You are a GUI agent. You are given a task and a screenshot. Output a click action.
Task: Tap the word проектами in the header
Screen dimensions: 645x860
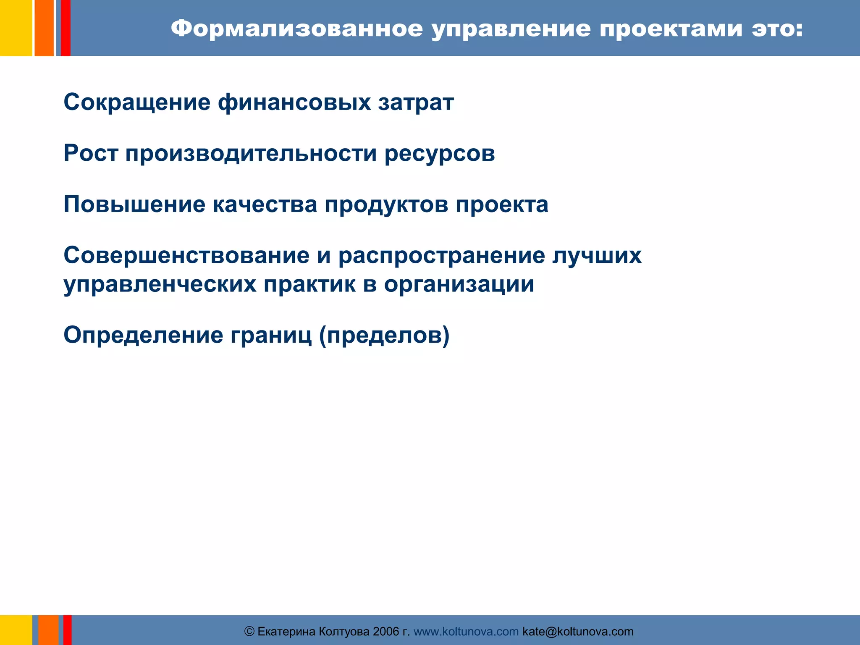click(671, 29)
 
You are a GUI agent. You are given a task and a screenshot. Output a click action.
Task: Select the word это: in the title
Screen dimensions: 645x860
click(777, 29)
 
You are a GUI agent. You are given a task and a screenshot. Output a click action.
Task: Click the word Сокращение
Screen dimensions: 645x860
click(137, 102)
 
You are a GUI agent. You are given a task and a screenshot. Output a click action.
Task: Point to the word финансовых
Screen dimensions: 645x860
click(294, 102)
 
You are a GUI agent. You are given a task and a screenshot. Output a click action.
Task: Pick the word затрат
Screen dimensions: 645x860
click(416, 102)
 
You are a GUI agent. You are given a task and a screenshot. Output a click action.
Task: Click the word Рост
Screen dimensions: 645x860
click(91, 153)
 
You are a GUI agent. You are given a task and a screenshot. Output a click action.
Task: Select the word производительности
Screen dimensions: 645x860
click(251, 153)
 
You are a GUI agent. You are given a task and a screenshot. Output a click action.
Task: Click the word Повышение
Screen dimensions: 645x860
click(134, 205)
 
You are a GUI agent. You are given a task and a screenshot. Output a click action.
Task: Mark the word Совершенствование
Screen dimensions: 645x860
click(186, 255)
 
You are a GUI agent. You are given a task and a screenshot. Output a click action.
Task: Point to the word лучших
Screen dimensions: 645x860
click(597, 255)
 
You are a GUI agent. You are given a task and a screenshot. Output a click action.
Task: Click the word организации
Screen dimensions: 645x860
click(459, 285)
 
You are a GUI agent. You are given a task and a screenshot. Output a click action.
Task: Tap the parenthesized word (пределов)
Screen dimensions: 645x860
click(384, 336)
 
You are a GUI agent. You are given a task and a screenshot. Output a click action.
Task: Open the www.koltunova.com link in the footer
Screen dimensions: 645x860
click(466, 632)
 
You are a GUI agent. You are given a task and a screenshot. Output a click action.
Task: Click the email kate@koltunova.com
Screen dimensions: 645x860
click(578, 632)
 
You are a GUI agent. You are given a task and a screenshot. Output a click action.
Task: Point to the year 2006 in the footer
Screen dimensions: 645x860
click(385, 632)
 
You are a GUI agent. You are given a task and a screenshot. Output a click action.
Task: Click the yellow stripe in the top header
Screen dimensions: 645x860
click(16, 28)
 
